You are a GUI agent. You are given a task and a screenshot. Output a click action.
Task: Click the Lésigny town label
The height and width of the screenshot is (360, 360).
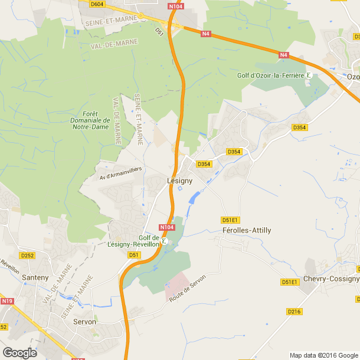179,181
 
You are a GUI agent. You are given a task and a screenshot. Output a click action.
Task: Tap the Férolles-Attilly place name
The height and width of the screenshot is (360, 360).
247,230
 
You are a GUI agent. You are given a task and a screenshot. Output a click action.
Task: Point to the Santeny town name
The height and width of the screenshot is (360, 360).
35,277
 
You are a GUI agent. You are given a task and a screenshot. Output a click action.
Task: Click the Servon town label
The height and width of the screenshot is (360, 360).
84,322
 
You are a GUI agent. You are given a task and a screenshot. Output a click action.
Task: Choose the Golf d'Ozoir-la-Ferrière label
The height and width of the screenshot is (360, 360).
270,76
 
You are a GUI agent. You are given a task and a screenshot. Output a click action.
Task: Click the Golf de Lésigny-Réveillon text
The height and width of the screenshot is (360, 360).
134,241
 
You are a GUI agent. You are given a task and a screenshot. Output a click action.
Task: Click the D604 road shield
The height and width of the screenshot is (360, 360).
97,4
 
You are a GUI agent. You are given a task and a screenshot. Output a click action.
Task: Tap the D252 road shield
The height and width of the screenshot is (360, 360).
27,256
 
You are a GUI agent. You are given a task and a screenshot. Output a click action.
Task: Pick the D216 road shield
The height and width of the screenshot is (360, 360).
293,311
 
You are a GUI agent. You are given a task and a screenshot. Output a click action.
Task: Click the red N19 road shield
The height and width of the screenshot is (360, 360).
7,302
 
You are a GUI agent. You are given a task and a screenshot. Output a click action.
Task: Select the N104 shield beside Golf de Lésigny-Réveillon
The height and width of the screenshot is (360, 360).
167,227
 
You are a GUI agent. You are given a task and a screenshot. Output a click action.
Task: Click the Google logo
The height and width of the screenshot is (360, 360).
20,352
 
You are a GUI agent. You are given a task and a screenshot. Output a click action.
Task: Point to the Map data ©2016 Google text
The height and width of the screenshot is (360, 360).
323,355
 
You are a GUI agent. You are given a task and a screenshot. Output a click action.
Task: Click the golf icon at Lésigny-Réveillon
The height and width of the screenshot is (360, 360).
165,241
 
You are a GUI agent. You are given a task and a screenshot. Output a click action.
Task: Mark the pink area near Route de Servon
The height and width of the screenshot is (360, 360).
178,284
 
